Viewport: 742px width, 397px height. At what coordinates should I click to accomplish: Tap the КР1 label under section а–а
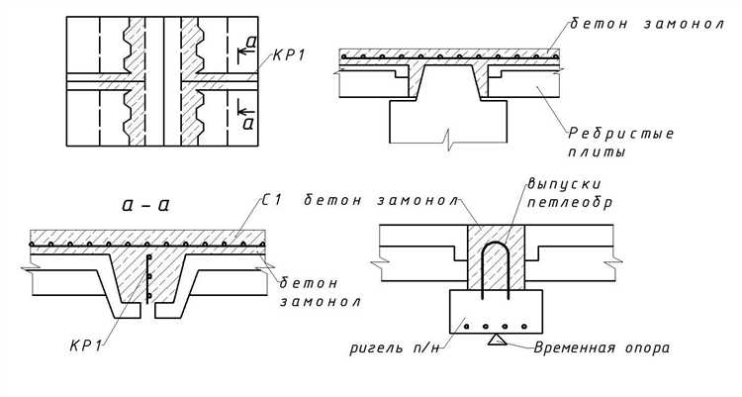tap(89, 345)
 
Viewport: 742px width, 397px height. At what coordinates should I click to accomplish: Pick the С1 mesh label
tap(273, 200)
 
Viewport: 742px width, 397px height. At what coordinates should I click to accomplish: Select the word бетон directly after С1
tap(329, 200)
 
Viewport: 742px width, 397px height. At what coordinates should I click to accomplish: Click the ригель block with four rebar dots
tap(495, 312)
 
